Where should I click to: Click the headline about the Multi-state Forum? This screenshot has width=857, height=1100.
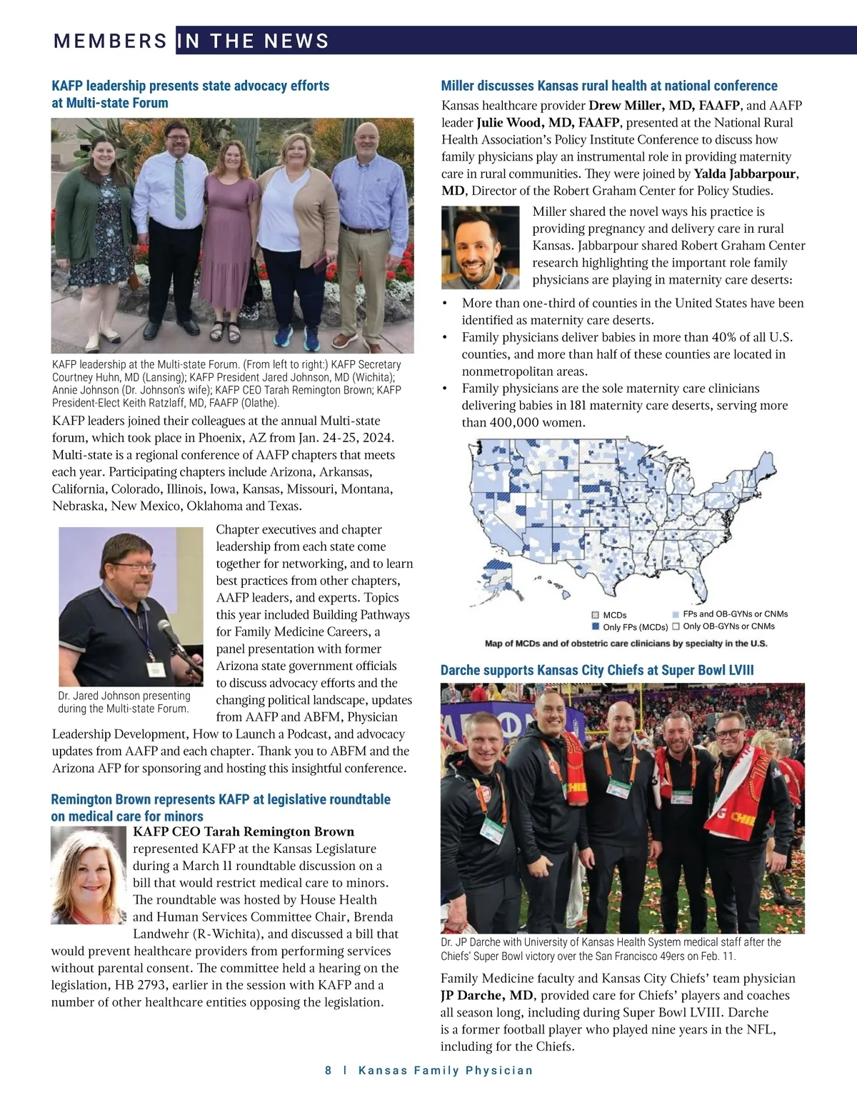coord(190,94)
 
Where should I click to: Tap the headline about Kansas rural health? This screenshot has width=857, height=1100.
coord(608,86)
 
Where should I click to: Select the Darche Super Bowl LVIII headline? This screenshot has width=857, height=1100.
coord(596,670)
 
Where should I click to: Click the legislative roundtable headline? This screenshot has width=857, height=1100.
coord(220,807)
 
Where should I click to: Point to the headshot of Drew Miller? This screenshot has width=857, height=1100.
coord(480,246)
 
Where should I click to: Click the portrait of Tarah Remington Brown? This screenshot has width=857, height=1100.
coord(88,875)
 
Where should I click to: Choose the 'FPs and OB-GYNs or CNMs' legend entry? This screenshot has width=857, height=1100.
coord(729,614)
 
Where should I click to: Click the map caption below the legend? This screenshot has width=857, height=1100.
coord(626,644)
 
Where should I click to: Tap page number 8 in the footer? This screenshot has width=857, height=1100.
coord(328,1070)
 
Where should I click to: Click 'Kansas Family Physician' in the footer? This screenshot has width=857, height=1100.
coord(445,1070)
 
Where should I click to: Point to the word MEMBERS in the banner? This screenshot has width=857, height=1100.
coord(110,41)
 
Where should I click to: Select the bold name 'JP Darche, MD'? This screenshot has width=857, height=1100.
coord(486,995)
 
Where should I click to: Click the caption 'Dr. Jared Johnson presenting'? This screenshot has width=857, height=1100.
coord(124,696)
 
